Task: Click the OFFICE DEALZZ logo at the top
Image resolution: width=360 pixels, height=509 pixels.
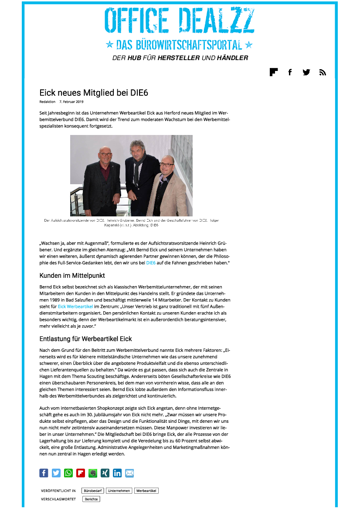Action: point(180,21)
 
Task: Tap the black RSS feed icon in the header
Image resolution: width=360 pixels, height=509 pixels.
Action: point(323,72)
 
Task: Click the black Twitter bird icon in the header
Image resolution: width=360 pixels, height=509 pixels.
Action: point(306,72)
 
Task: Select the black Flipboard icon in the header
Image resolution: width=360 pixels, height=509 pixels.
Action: point(274,72)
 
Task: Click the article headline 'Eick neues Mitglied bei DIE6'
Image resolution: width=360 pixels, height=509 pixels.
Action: point(94,93)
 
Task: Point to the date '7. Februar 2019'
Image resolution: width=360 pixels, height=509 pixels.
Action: point(71,102)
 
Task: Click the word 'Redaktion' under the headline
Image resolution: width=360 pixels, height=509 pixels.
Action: point(48,102)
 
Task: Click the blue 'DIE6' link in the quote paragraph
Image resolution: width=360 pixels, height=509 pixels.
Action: point(151,263)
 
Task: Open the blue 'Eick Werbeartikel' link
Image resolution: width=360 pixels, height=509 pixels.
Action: point(75,307)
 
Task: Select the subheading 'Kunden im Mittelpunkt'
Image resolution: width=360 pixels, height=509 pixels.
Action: point(72,276)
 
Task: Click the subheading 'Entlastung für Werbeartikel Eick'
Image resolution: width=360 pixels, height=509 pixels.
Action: point(86,338)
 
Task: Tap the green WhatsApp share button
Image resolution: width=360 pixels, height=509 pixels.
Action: point(68,473)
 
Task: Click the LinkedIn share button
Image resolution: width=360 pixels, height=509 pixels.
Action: point(117,473)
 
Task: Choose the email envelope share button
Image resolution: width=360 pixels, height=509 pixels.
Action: point(129,473)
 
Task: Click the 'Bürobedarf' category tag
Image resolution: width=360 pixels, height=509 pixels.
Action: point(93,491)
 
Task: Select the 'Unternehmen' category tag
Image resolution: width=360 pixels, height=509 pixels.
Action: point(119,491)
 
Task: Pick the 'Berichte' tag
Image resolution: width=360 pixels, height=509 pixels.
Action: point(91,499)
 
